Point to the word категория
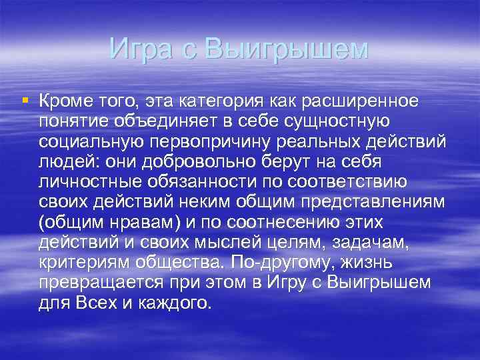click(223, 101)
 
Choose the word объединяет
click(165, 122)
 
